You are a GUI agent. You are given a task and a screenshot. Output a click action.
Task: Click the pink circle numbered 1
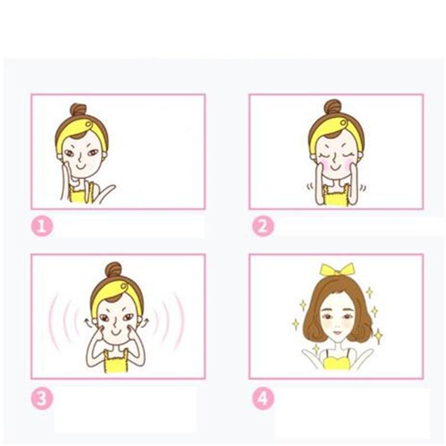point(42,226)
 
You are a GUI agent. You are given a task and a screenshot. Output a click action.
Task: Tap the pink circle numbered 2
point(263,226)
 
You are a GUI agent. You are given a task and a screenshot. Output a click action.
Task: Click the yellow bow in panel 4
point(337,269)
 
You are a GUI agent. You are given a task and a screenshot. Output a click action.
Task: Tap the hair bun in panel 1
point(78,109)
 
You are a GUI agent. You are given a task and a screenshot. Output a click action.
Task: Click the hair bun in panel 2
point(333,106)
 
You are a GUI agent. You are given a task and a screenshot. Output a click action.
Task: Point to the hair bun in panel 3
point(114,269)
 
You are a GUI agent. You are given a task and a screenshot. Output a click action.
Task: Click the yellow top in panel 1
point(80,193)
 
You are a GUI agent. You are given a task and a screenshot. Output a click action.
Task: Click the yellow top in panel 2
point(336,196)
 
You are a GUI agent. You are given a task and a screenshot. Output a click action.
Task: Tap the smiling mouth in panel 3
point(116,332)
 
